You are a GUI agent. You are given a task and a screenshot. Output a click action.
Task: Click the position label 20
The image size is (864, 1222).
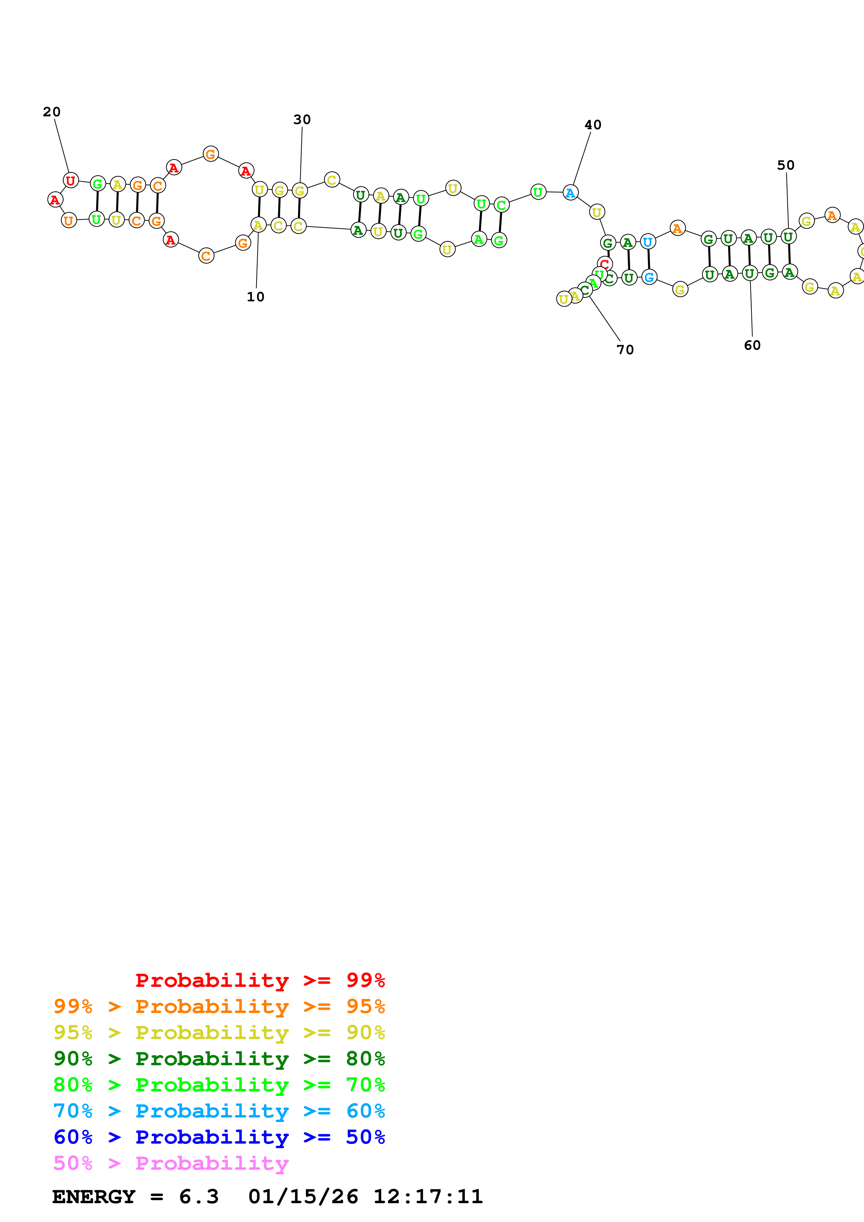click(x=52, y=112)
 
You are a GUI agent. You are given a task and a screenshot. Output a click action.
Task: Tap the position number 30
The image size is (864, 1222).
click(x=302, y=120)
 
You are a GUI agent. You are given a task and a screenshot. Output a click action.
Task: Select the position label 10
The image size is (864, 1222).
click(x=255, y=297)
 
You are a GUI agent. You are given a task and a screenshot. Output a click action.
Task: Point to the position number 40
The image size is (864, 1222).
click(x=592, y=125)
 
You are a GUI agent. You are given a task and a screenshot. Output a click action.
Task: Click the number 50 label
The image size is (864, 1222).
click(x=785, y=165)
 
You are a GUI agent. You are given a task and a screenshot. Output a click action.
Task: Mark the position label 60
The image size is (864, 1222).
click(x=752, y=346)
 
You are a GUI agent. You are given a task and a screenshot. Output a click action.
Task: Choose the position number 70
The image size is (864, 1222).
click(x=625, y=350)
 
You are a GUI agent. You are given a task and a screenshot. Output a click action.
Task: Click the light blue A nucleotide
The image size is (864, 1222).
click(x=570, y=193)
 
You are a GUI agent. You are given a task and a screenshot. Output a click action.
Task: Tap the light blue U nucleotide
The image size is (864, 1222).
click(x=647, y=242)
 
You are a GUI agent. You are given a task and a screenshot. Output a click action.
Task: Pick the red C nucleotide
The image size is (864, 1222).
click(x=604, y=263)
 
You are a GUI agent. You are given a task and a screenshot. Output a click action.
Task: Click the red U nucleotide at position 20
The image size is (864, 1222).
click(x=71, y=180)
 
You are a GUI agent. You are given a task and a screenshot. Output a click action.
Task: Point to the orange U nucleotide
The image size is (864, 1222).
click(x=69, y=221)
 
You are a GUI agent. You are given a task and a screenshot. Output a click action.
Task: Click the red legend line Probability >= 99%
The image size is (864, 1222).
click(x=260, y=980)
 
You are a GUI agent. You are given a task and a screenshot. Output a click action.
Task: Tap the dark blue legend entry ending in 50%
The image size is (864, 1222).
click(x=219, y=1137)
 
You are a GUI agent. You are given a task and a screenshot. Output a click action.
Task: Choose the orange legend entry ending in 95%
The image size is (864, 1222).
click(x=219, y=1006)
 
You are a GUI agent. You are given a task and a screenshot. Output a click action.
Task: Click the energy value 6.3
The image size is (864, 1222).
click(x=199, y=1197)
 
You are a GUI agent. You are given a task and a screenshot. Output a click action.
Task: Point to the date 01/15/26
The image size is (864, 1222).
click(x=303, y=1197)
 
